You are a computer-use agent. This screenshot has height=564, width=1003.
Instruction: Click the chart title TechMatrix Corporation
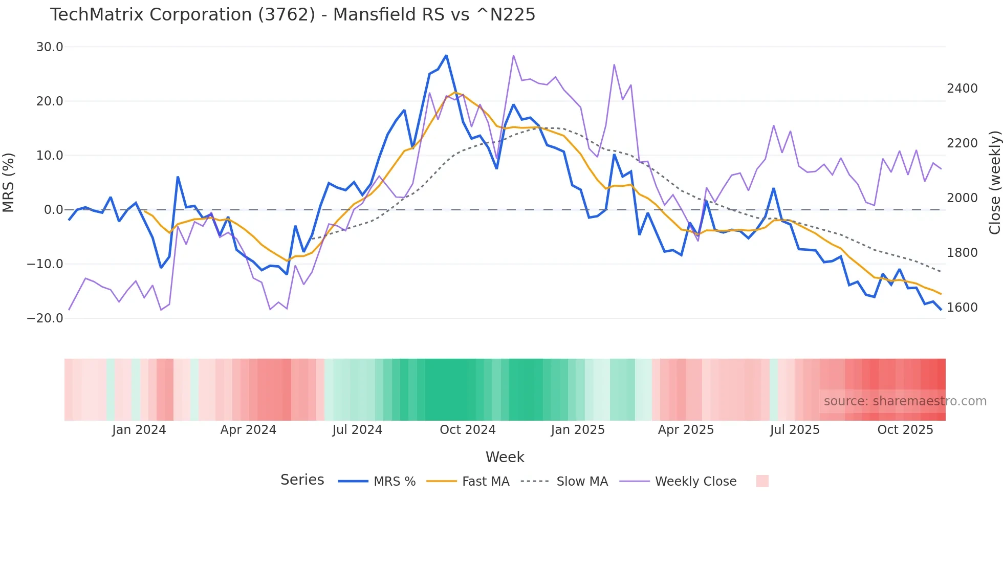(292, 15)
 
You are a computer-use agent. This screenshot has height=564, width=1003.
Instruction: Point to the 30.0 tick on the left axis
(50, 47)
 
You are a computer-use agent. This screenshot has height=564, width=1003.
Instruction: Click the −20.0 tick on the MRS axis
(45, 318)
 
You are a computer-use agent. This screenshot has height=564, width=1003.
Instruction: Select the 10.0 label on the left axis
(50, 156)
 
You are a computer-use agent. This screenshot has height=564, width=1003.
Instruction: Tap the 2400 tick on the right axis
(962, 89)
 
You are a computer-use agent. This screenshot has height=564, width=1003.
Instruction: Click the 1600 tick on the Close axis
(962, 307)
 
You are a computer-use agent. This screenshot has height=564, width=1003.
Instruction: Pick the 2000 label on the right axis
(962, 198)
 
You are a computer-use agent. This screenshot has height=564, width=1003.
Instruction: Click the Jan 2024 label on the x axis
(139, 430)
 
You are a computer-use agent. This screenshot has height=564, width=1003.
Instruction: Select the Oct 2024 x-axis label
(467, 430)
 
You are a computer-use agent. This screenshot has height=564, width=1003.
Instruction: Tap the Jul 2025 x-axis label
(794, 430)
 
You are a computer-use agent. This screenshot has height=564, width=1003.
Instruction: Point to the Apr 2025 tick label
(686, 430)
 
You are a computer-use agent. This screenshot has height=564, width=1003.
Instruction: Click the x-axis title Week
(505, 457)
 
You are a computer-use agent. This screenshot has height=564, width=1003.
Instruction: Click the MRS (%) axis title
(9, 182)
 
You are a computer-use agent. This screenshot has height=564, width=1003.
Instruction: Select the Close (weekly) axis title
(994, 182)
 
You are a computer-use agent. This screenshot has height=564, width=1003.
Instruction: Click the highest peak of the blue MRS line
(446, 55)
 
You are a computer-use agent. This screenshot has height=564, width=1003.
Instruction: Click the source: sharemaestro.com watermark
(905, 401)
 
